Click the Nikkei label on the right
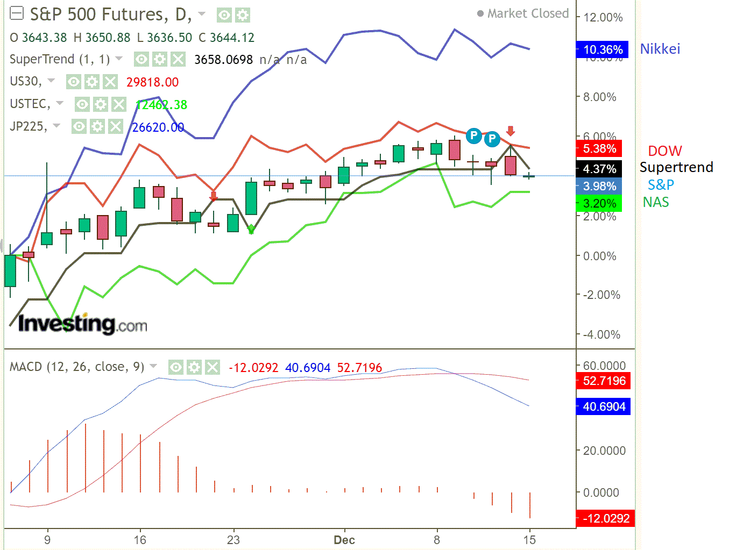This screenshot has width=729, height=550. (x=660, y=49)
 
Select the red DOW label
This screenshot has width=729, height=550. (x=664, y=151)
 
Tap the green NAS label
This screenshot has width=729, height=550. (x=656, y=202)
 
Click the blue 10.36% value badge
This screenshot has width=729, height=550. (x=602, y=50)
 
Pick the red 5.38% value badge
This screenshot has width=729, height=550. (x=599, y=148)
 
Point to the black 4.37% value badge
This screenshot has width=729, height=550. (x=599, y=169)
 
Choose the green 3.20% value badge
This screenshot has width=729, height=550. (x=599, y=203)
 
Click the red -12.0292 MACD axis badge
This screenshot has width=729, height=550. (x=603, y=518)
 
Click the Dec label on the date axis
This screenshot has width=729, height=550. (x=344, y=540)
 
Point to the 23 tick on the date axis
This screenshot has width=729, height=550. (x=233, y=540)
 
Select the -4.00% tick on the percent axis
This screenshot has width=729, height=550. (x=601, y=334)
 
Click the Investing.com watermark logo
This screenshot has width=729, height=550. (x=82, y=324)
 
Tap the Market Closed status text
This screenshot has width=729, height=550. (x=527, y=13)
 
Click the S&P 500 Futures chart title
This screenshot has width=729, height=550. (x=110, y=15)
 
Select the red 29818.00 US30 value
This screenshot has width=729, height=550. (x=152, y=82)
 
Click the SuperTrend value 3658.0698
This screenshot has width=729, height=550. (x=223, y=60)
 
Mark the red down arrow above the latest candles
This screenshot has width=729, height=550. (x=511, y=131)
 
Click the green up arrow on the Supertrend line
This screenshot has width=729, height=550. (x=251, y=230)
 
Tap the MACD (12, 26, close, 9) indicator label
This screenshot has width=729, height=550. (x=77, y=367)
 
